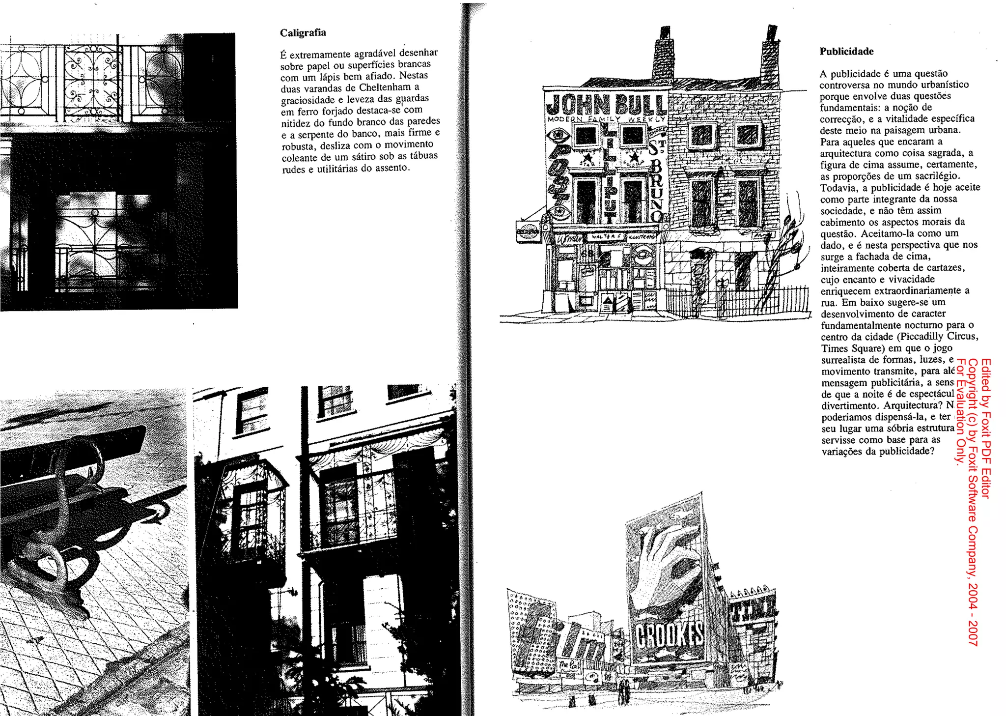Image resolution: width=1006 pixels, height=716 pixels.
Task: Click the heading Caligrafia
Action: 303,33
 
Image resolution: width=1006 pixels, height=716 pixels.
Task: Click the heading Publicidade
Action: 846,52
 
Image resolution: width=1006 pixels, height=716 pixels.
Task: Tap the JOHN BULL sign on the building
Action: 606,104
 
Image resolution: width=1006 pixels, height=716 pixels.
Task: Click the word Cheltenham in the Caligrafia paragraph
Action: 385,87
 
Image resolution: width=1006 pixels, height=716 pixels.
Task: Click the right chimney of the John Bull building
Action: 769,54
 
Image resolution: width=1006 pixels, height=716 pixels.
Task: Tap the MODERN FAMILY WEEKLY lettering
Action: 606,119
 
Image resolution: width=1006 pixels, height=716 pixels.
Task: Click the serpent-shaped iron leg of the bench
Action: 59,516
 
